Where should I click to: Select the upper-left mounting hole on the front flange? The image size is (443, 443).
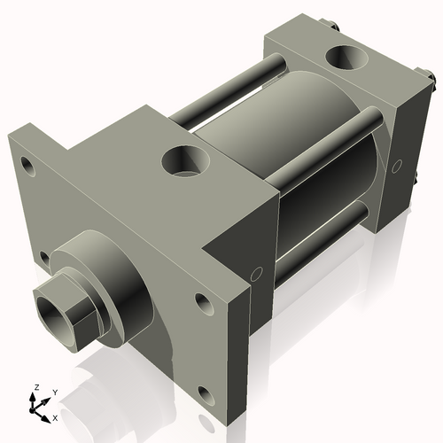27,165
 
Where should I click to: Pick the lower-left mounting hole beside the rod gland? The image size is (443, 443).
44,259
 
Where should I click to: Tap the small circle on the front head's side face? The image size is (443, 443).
258,275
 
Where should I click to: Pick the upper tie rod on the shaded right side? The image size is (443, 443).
328,146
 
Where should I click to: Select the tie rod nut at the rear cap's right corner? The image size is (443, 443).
433,83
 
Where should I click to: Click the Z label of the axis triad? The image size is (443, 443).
35,388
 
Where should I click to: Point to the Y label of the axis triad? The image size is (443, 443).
54,392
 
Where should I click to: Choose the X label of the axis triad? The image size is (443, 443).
56,416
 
